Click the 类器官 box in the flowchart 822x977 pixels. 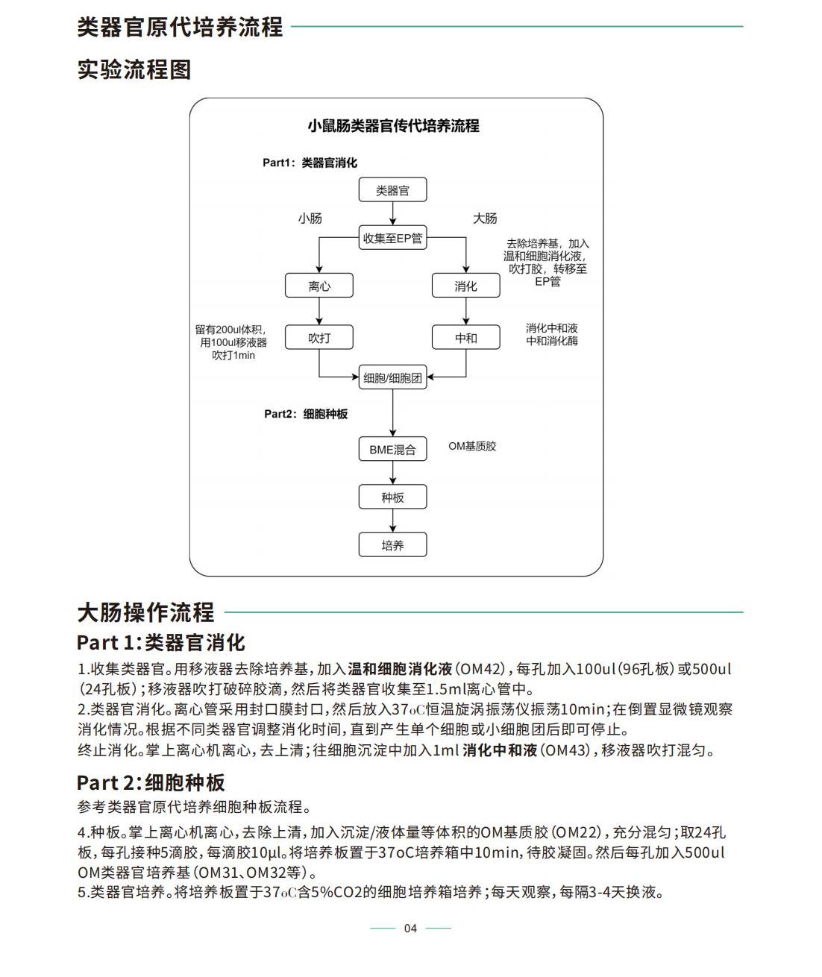tap(392, 189)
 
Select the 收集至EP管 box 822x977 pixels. tap(392, 237)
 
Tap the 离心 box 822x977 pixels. tap(319, 286)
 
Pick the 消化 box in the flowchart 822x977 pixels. tap(465, 286)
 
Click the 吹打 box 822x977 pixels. tap(319, 337)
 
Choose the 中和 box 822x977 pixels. tap(465, 337)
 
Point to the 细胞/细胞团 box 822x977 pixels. tap(392, 377)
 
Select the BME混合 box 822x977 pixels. tap(392, 449)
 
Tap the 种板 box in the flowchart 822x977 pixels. tap(392, 497)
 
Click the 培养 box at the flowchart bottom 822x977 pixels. tap(392, 544)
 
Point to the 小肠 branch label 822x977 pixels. tap(310, 219)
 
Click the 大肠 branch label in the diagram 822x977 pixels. tap(485, 219)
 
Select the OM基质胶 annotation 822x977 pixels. tap(472, 446)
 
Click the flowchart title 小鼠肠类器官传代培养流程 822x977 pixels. tap(393, 126)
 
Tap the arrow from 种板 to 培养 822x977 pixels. tap(392, 521)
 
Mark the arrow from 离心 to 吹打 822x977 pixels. tap(319, 311)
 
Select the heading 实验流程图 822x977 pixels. tap(134, 69)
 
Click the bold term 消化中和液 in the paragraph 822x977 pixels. tap(500, 751)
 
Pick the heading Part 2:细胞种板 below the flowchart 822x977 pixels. tap(151, 783)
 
